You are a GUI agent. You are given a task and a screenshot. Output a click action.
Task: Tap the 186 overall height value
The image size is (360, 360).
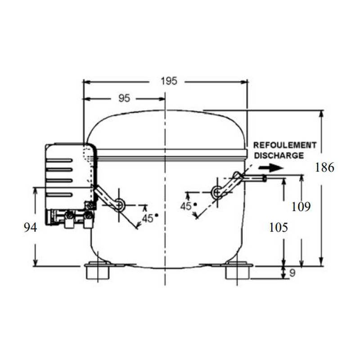(324, 168)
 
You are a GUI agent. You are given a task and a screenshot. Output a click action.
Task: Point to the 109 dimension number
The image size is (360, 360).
(301, 207)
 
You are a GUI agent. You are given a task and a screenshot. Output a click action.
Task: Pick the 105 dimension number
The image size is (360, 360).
(278, 227)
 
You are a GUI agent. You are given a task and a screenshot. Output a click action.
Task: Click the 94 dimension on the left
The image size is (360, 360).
(30, 228)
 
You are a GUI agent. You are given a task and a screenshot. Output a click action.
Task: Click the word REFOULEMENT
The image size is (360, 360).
(285, 145)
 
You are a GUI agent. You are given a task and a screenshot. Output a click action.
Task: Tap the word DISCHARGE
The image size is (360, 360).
(279, 155)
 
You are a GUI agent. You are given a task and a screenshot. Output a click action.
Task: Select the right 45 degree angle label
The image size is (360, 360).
(186, 206)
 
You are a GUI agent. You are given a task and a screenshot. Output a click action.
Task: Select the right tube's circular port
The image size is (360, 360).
(216, 193)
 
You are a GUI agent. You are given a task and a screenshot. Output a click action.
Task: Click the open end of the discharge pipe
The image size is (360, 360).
(265, 179)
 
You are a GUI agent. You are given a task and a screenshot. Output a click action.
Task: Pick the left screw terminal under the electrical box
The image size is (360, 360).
(69, 219)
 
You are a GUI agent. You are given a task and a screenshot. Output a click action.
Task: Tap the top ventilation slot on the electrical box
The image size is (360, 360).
(60, 160)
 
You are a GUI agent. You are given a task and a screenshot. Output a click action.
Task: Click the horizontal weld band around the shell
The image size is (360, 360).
(171, 153)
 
